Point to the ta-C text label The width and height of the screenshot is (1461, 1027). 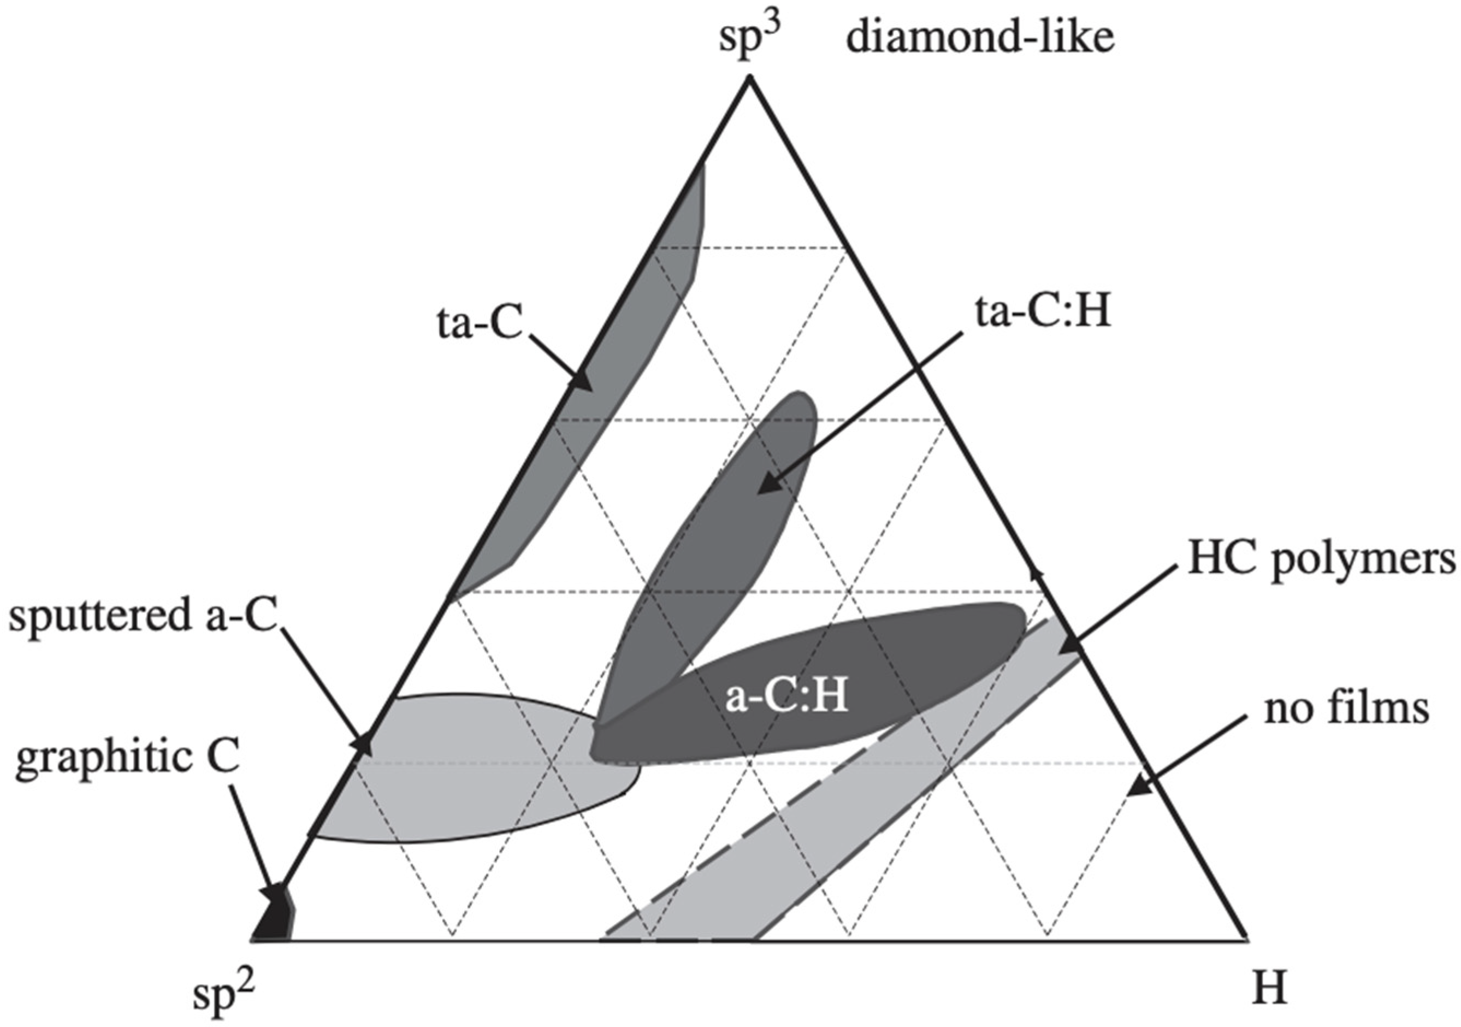coord(479,323)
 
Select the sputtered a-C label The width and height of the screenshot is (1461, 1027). coord(144,617)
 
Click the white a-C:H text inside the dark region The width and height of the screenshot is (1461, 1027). coord(786,698)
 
